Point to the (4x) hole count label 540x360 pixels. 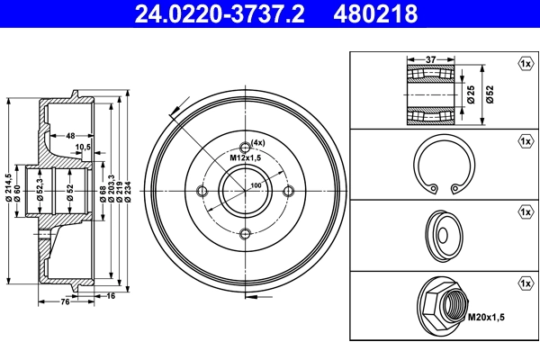pyautogui.click(x=258, y=143)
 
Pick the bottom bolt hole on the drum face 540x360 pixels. pyautogui.click(x=244, y=234)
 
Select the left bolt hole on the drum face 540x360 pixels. pyautogui.click(x=201, y=191)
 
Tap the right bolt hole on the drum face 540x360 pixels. pyautogui.click(x=288, y=191)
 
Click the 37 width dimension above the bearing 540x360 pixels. pyautogui.click(x=431, y=59)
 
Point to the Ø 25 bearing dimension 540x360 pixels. pyautogui.click(x=471, y=94)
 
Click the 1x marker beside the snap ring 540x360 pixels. pyautogui.click(x=524, y=141)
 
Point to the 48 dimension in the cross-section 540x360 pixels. pyautogui.click(x=70, y=135)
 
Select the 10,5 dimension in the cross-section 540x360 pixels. pyautogui.click(x=84, y=146)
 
